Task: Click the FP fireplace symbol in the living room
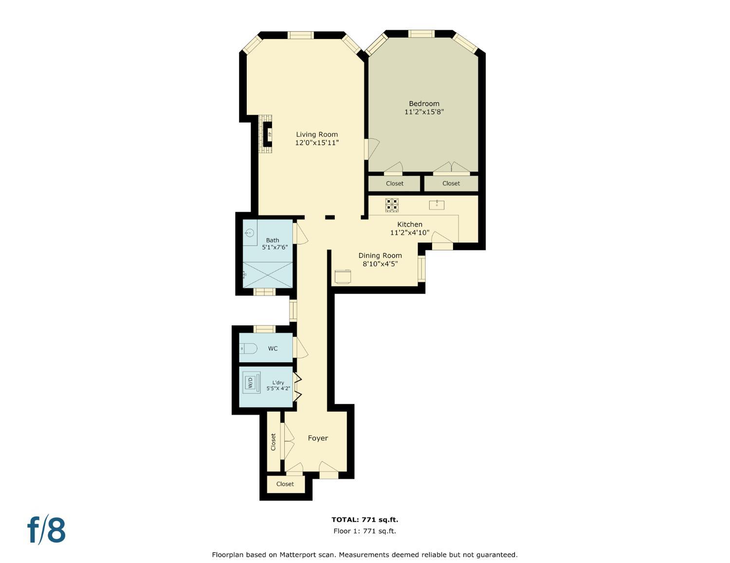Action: coord(268,134)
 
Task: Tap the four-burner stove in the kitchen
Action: coord(392,205)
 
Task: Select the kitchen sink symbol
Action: coord(437,205)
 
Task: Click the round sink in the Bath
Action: coord(250,232)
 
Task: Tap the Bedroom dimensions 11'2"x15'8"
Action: coord(424,112)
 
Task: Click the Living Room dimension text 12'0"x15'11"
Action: coord(317,142)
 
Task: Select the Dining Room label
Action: coord(380,255)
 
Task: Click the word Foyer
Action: coord(318,438)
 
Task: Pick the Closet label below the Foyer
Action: coord(285,484)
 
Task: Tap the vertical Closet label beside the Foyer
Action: coord(273,442)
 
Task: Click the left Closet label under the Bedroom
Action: coord(394,183)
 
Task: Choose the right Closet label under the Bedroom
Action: coord(451,183)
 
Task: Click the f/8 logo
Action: coord(46,529)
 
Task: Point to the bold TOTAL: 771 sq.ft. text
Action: coord(365,520)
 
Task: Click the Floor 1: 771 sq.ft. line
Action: coord(365,531)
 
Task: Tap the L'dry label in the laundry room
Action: coord(278,383)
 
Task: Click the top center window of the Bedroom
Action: coord(421,34)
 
